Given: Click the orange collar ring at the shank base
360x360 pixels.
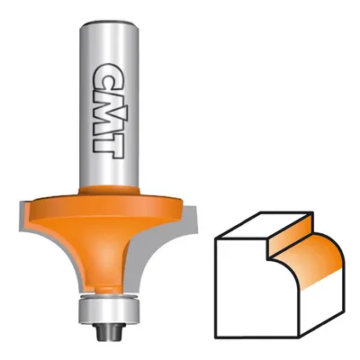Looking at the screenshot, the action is (109, 191).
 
